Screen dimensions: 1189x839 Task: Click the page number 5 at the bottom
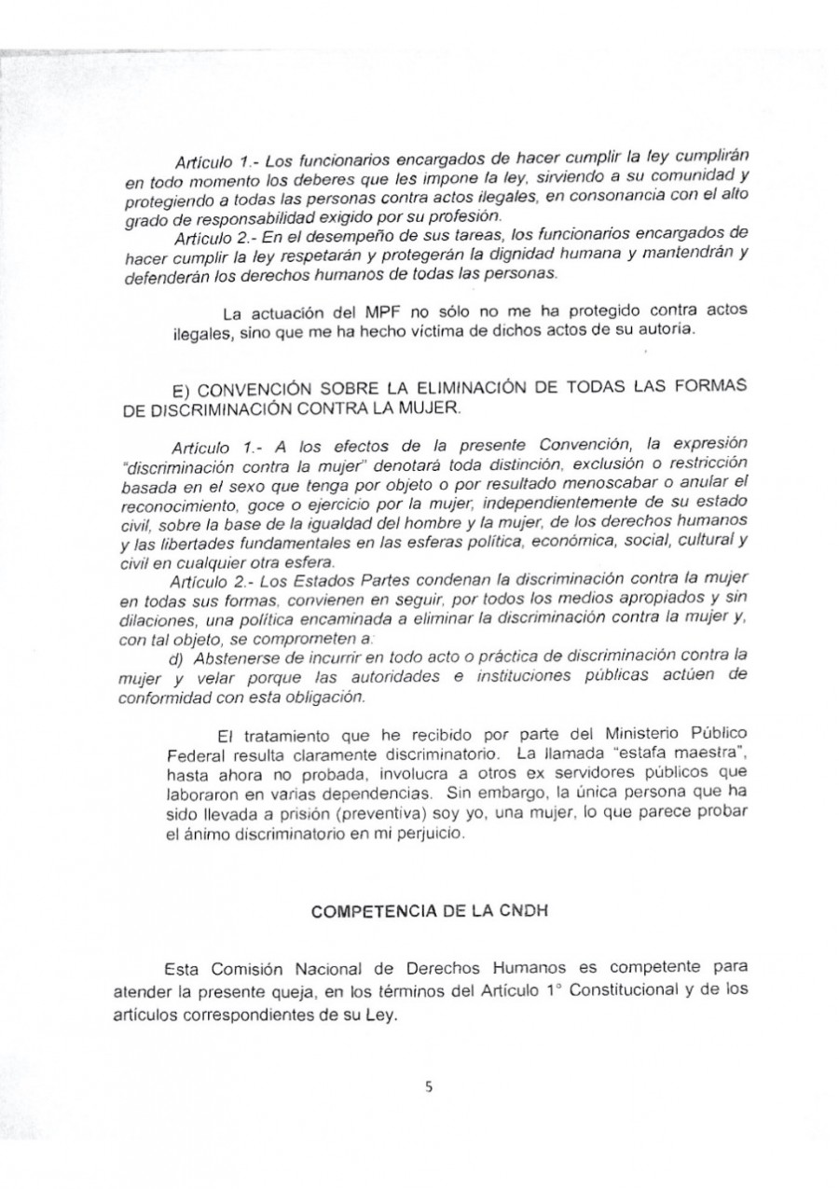coord(430,1085)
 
